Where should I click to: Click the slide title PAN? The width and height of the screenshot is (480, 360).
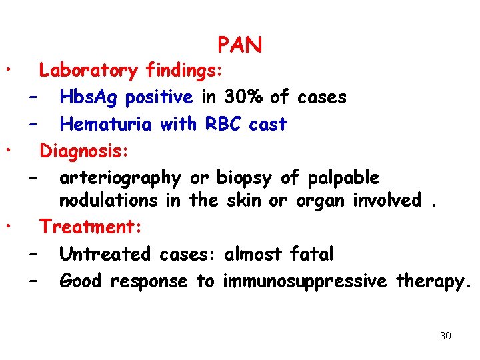(239, 45)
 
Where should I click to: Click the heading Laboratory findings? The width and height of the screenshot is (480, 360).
(133, 70)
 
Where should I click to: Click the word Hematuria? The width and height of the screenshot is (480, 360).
(107, 124)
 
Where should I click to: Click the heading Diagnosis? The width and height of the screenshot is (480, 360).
(84, 151)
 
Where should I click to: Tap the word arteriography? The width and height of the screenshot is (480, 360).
(120, 178)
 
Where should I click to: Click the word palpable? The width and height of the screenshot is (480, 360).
(343, 178)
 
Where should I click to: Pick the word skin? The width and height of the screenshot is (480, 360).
(241, 200)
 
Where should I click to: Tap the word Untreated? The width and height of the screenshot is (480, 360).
(107, 254)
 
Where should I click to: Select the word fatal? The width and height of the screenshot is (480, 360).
(311, 254)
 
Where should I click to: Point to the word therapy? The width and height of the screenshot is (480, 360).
(433, 281)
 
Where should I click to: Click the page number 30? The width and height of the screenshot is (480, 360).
(445, 335)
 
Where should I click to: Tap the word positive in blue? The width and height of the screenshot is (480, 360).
(163, 97)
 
